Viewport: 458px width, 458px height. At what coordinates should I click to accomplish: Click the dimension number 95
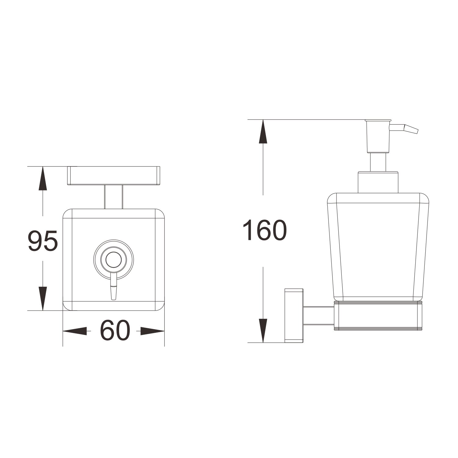[x=43, y=241]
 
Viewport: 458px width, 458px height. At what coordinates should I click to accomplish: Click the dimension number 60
[x=115, y=331]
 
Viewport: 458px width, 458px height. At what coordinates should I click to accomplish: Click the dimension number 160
[x=265, y=230]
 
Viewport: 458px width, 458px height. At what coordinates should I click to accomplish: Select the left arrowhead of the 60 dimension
[x=75, y=331]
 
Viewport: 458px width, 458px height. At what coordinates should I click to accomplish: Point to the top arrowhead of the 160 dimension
[x=263, y=131]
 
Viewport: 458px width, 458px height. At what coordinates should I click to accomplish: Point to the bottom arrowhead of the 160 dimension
[x=263, y=330]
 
